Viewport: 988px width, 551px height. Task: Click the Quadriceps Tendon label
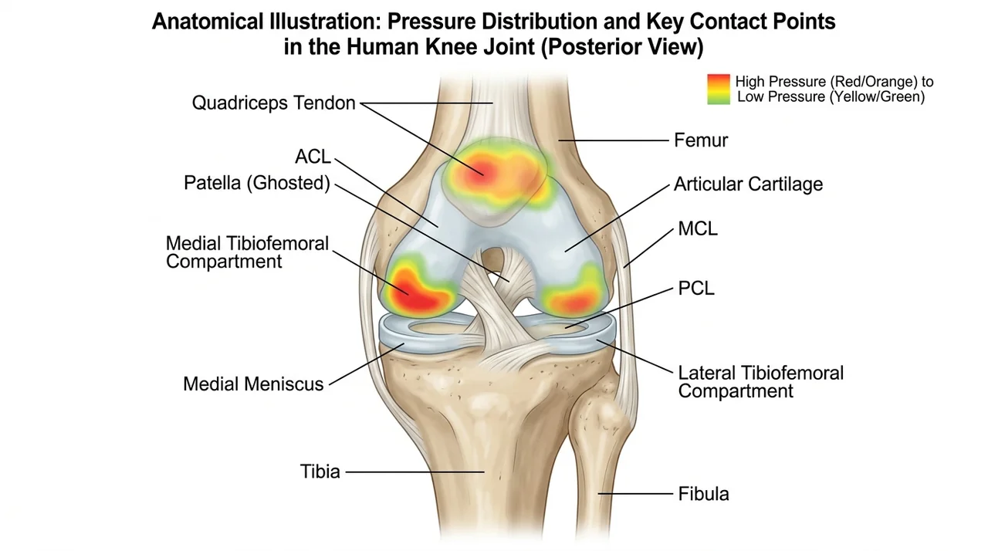(273, 103)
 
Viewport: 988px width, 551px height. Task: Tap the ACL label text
(313, 157)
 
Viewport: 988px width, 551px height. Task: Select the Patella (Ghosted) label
(257, 183)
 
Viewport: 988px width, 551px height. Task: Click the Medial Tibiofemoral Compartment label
(247, 252)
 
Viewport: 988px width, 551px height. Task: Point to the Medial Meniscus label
(253, 384)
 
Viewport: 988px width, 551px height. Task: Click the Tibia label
(320, 472)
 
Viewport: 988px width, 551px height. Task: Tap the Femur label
(701, 140)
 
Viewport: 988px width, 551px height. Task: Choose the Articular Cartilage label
(748, 184)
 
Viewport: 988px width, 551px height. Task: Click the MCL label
(697, 228)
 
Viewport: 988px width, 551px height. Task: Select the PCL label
(696, 289)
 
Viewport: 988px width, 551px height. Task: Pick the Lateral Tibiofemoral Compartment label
(760, 382)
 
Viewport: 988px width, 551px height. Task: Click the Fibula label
(703, 494)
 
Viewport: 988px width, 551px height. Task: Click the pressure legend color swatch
(719, 89)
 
